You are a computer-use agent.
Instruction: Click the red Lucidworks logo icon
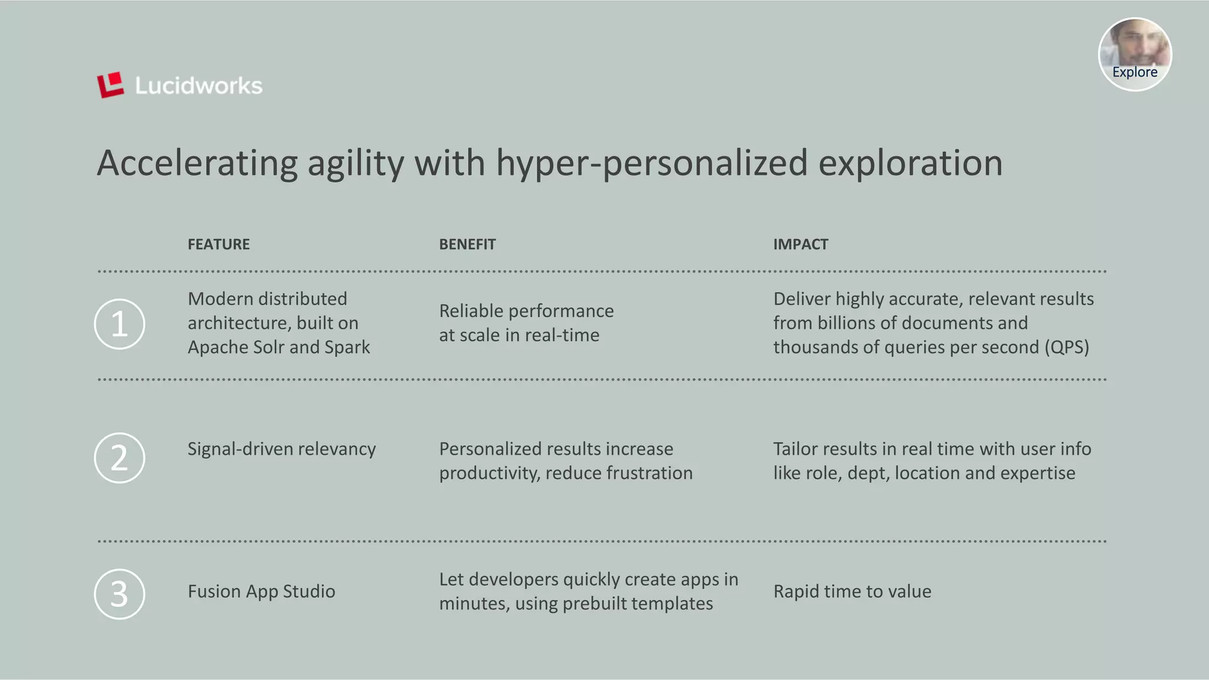110,85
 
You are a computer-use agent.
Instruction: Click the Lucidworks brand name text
198,86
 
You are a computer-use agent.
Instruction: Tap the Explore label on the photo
1135,72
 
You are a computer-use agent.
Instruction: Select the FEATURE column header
218,244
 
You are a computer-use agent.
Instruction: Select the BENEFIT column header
467,244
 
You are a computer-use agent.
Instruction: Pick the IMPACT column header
800,244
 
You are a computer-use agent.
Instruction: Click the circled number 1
119,324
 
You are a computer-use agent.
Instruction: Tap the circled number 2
119,458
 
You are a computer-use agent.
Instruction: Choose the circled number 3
119,593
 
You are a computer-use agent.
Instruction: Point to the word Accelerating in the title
197,163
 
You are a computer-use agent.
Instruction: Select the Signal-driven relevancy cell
282,449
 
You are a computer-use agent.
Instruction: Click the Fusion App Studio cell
261,591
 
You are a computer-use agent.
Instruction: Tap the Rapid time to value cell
852,591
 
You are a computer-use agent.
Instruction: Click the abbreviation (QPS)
1066,347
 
